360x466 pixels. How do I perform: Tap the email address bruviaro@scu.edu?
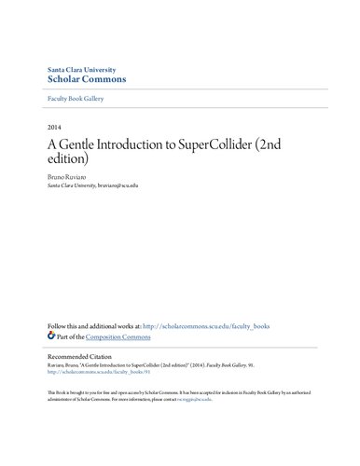pyautogui.click(x=140, y=185)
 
